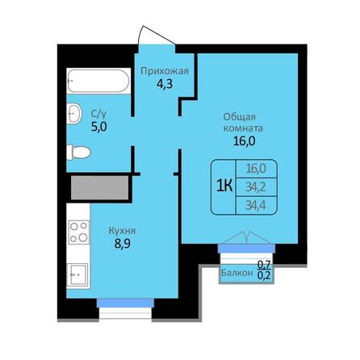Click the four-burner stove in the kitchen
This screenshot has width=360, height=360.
point(78,232)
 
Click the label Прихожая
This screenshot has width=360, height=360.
point(165,71)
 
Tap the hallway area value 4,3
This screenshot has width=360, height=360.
point(165,84)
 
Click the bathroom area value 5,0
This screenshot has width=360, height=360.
point(98,126)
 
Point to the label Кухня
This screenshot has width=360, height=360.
point(122,230)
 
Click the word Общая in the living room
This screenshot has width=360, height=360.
point(241,115)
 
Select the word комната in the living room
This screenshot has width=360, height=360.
point(241,128)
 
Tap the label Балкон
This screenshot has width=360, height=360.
point(237,274)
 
